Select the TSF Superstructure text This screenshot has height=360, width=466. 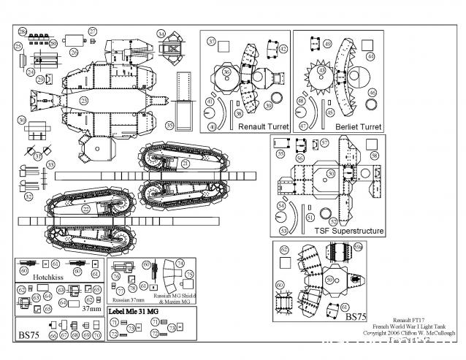click(349, 230)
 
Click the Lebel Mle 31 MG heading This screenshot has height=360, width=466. click(134, 312)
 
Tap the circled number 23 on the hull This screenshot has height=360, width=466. click(84, 100)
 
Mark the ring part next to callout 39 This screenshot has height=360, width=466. click(277, 98)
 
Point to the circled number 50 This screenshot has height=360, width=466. click(331, 173)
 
